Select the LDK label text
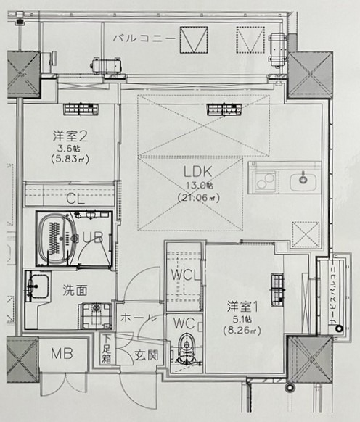tap(197, 173)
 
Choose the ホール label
tap(135, 317)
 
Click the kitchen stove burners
tap(265, 179)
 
